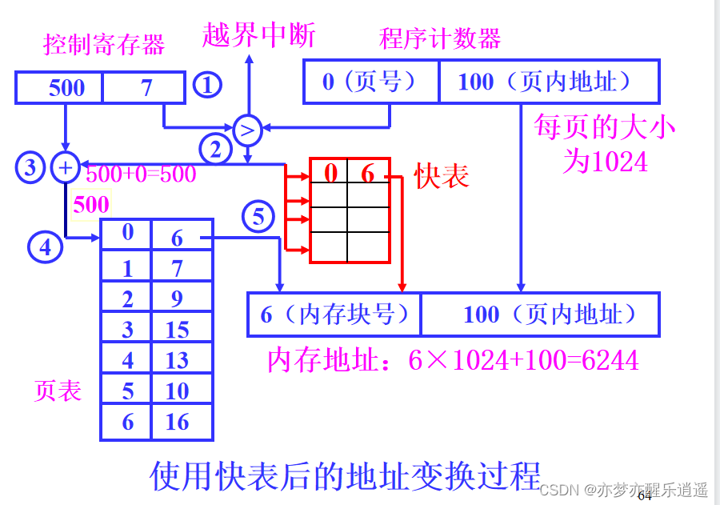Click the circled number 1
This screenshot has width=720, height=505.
[208, 86]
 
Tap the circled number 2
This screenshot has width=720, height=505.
[215, 147]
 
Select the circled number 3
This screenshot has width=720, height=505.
[30, 167]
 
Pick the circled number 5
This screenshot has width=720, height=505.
[258, 216]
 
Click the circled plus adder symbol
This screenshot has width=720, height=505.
[65, 167]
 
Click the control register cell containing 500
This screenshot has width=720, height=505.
[66, 87]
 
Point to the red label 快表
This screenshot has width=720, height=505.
[442, 176]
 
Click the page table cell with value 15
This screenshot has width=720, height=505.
[178, 329]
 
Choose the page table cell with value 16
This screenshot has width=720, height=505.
[178, 422]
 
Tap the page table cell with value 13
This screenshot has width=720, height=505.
[178, 360]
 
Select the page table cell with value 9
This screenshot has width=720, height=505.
[178, 299]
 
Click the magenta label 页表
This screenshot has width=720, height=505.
[58, 390]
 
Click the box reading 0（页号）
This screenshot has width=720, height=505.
[370, 82]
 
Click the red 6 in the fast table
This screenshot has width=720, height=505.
[367, 173]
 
